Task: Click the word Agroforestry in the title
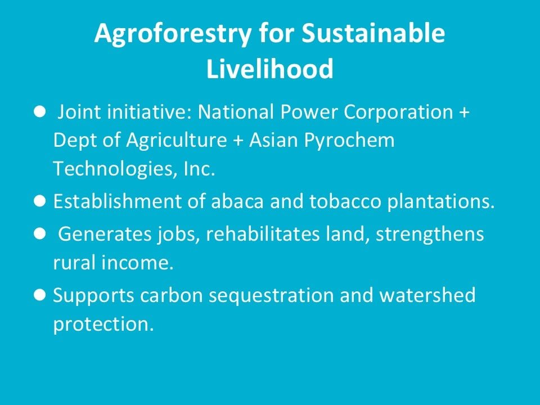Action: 173,34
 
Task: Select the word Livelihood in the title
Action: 269,68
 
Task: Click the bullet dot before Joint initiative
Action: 40,111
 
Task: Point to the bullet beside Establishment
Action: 40,201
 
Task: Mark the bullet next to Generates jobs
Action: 40,233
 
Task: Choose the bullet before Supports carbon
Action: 40,295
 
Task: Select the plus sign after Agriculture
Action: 238,141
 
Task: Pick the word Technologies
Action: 113,169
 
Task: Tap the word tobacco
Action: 345,201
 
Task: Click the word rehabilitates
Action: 263,233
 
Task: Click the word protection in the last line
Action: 103,325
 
